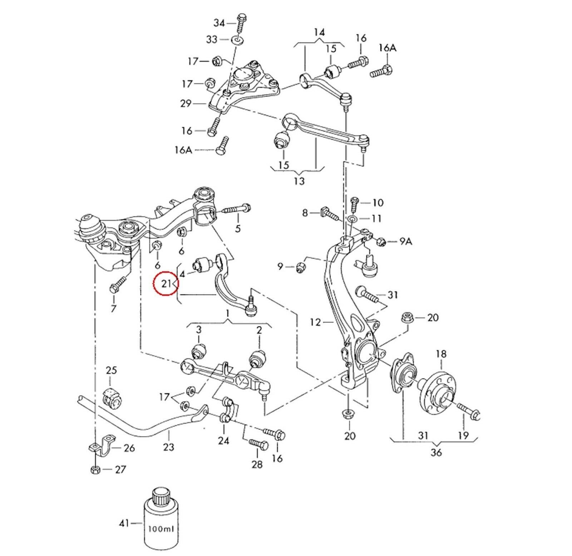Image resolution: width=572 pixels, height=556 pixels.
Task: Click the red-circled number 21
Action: [166, 284]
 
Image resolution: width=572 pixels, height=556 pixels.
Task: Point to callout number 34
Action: [219, 23]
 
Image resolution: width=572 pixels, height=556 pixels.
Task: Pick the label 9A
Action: [405, 242]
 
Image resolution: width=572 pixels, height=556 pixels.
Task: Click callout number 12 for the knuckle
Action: [316, 322]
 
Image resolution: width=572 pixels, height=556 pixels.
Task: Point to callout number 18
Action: [441, 354]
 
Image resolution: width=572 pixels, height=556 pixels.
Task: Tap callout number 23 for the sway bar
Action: [168, 447]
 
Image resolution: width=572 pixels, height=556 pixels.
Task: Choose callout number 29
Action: [186, 103]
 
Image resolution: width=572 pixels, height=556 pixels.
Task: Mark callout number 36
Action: [436, 452]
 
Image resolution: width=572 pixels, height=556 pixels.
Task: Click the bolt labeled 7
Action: [117, 287]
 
